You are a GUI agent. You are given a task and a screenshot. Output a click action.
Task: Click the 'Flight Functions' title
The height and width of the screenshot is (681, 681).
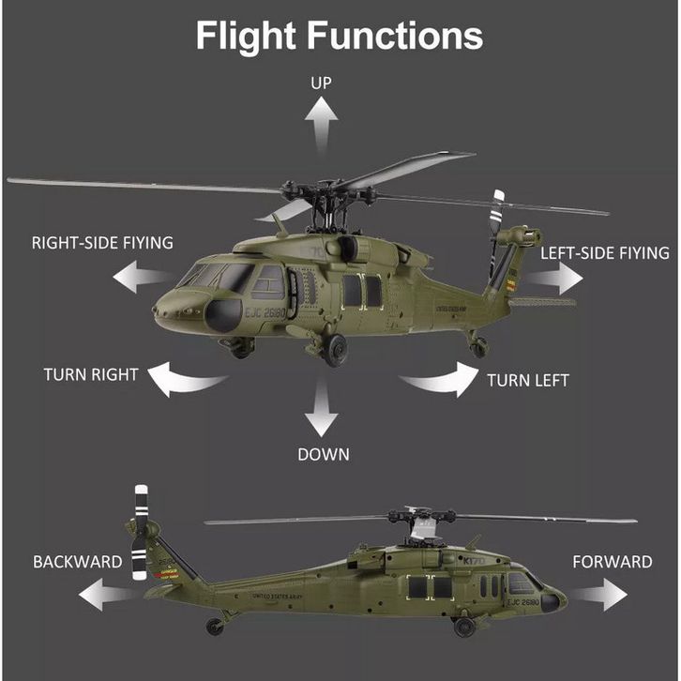[x=339, y=36]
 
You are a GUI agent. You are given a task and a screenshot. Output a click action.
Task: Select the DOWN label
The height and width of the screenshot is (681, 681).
[x=324, y=455]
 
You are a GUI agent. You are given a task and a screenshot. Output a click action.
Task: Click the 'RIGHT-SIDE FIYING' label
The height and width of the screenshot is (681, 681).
[x=102, y=243]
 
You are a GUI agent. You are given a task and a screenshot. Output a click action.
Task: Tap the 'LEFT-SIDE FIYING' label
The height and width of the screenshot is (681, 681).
[x=605, y=253]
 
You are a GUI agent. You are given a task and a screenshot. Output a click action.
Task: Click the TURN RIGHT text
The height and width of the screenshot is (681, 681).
[x=91, y=375]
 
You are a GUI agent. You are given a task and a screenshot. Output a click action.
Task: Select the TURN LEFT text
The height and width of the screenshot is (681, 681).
[x=527, y=380]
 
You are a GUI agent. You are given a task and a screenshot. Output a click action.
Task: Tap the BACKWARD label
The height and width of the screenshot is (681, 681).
[x=78, y=562]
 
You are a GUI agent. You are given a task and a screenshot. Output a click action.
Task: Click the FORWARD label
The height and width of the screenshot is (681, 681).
[x=612, y=562]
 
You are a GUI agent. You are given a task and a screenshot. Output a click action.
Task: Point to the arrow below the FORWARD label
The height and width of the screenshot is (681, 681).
[x=600, y=595]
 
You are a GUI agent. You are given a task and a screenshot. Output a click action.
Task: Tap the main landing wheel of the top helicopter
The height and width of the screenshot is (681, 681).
[x=335, y=350]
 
